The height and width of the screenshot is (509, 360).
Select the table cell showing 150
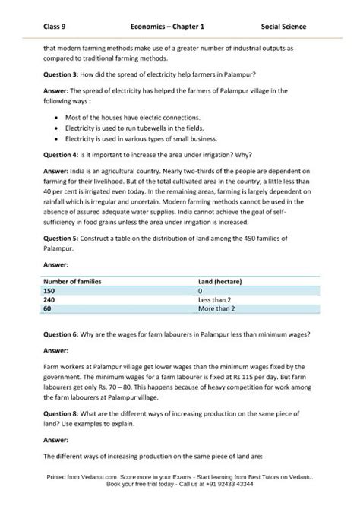pos(49,290)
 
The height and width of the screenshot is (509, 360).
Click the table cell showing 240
pos(49,299)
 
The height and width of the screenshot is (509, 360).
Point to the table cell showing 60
pos(48,308)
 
